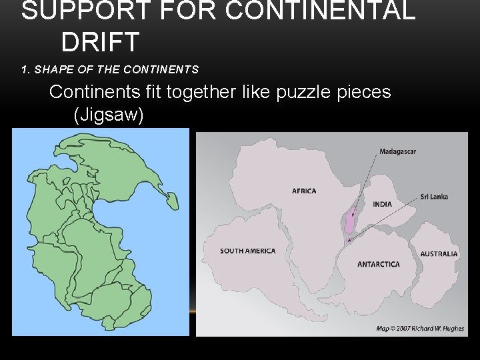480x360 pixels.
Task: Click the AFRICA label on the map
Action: pos(304,191)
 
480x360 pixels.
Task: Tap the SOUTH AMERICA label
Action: pos(247,251)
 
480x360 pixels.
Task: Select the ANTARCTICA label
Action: pos(378,265)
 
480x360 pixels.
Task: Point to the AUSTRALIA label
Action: pos(439,254)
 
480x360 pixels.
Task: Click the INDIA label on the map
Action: pos(382,204)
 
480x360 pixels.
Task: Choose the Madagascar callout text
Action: pos(397,151)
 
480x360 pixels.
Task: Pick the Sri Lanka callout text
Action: pos(434,197)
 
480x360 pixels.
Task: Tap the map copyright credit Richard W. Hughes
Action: pos(420,328)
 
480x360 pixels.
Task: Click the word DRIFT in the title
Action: pos(100,42)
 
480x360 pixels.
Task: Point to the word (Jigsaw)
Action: pos(109,115)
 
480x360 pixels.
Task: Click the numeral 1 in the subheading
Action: pos(24,69)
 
